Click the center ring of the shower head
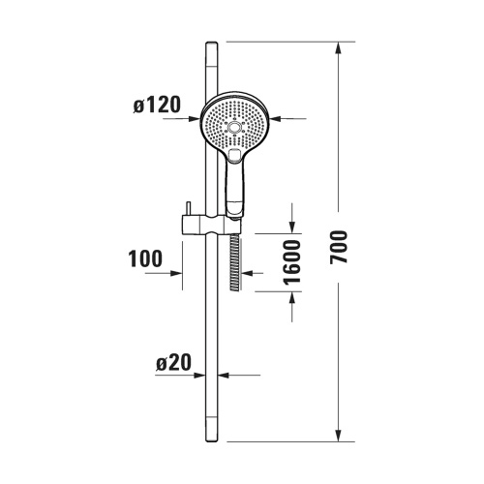click(x=234, y=127)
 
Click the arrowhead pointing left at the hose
click(x=247, y=275)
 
